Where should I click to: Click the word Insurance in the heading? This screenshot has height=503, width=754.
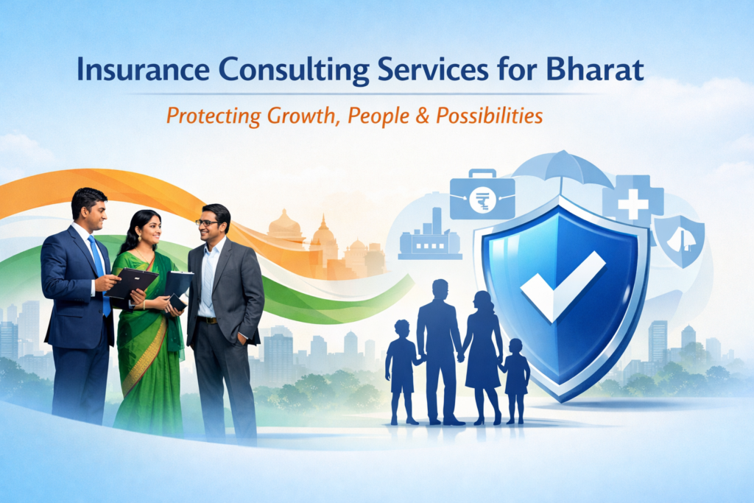click(x=144, y=70)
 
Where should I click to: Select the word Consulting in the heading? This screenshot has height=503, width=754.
click(x=294, y=71)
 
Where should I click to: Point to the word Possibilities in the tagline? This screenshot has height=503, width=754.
click(x=490, y=116)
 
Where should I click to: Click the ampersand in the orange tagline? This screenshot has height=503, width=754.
click(x=422, y=116)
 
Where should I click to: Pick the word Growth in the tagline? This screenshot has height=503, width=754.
click(x=300, y=116)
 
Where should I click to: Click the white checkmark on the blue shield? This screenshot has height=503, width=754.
click(x=563, y=285)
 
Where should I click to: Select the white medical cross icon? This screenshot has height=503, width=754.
click(x=633, y=204)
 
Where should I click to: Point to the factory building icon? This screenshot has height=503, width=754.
click(x=430, y=236)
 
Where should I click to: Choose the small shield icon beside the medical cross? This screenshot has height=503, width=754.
click(x=680, y=240)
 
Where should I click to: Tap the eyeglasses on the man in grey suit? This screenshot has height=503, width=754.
click(x=208, y=223)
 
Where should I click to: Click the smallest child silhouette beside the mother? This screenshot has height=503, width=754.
click(x=515, y=381)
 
